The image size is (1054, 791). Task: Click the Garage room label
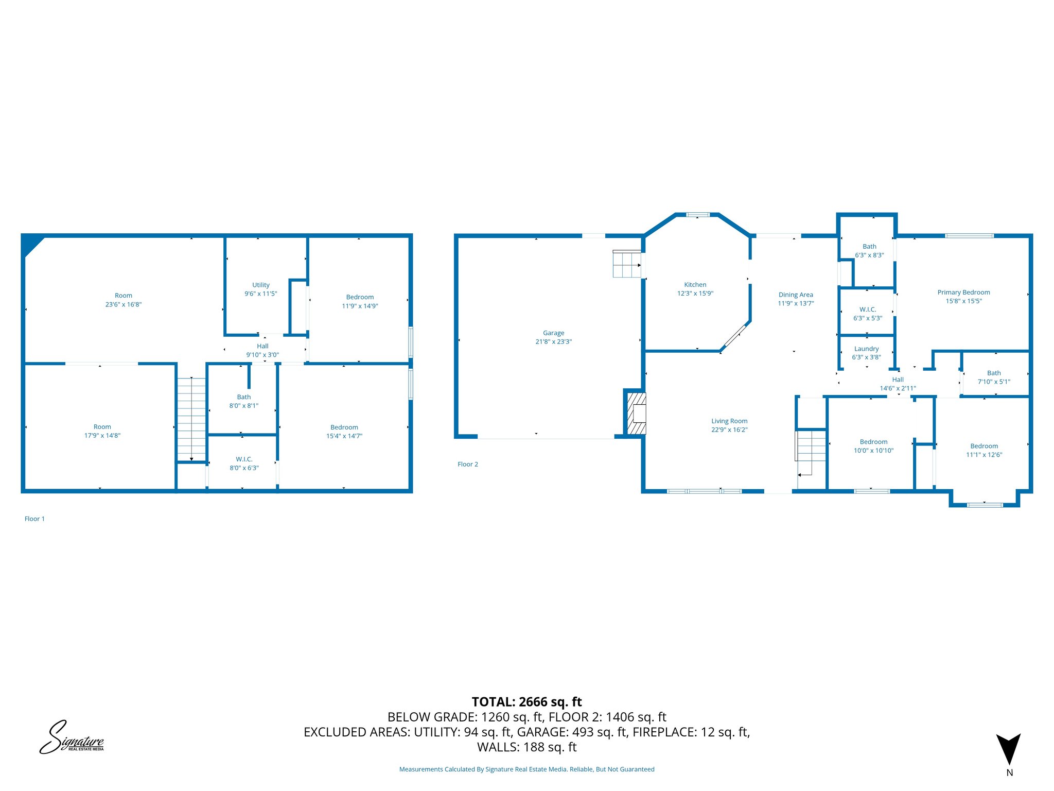pos(553,333)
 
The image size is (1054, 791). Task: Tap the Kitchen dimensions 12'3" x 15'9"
pos(695,294)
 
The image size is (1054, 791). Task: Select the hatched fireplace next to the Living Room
pos(637,414)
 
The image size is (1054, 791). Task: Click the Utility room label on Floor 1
pos(260,285)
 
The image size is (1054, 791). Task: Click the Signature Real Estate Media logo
pos(72,738)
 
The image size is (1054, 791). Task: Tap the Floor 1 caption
pos(34,519)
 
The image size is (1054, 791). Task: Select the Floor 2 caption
pos(467,464)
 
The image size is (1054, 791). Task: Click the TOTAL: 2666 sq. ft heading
pos(526,702)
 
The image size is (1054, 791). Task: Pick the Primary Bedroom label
pos(963,292)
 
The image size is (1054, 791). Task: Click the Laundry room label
pos(866,349)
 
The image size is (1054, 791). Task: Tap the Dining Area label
pos(796,295)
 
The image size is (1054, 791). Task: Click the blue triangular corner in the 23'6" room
pos(31,245)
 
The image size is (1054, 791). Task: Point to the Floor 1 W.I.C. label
pos(244,459)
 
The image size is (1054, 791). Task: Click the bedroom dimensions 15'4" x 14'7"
pos(344,436)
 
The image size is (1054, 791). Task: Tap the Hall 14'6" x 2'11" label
pos(898,384)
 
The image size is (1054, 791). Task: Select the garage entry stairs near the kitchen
pos(626,264)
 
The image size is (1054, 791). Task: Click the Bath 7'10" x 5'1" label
pos(994,377)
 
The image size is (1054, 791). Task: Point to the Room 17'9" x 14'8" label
pos(102,431)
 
